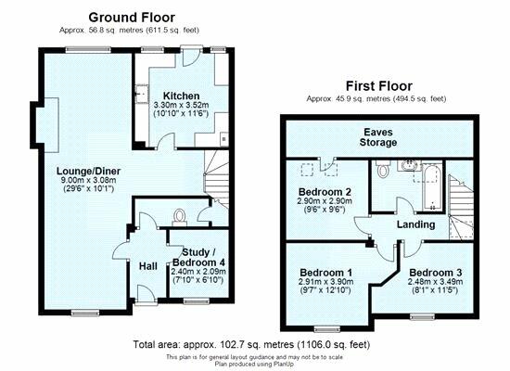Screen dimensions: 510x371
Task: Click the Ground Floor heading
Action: [x=132, y=18]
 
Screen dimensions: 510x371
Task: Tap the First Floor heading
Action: [x=379, y=86]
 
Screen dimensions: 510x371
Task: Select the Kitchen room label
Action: [x=181, y=96]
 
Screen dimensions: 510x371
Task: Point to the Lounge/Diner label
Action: [x=88, y=172]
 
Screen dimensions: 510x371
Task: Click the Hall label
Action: [x=148, y=266]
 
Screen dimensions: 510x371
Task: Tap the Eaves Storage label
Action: [x=378, y=137]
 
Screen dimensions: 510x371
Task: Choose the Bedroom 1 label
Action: [x=326, y=273]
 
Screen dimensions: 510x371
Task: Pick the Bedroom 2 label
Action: [x=325, y=191]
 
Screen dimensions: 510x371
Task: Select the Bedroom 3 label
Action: [x=436, y=273]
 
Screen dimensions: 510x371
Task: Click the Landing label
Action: [x=416, y=224]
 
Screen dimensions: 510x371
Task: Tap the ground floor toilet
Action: [x=179, y=217]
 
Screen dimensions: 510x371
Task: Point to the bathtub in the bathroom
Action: [x=432, y=187]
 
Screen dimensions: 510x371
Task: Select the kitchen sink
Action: [x=142, y=94]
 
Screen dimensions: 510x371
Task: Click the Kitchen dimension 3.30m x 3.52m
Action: [x=181, y=105]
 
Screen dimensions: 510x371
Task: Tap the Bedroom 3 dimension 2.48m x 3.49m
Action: [x=436, y=282]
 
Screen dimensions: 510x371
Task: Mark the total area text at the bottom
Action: [x=251, y=344]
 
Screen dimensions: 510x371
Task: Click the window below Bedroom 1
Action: [x=327, y=329]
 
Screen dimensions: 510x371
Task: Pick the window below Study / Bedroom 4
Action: [x=197, y=301]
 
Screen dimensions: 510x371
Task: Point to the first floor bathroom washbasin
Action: [x=409, y=165]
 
